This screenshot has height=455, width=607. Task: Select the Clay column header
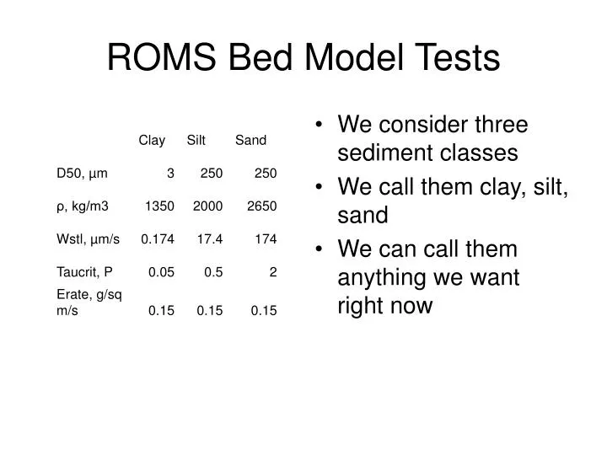click(x=152, y=140)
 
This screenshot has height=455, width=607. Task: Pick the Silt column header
click(x=196, y=140)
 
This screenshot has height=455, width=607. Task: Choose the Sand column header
click(x=250, y=140)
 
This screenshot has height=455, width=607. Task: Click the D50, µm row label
click(x=82, y=173)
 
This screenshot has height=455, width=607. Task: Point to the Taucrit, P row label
click(x=84, y=272)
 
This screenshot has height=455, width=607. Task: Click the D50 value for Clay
click(x=170, y=173)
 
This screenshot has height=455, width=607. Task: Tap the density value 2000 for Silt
click(x=207, y=206)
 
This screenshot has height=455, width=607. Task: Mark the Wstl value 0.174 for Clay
click(x=158, y=238)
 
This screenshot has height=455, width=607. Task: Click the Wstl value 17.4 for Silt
click(x=209, y=238)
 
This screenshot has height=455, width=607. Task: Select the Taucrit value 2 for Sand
click(x=272, y=272)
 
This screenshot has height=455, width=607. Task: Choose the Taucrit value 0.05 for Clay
click(x=161, y=272)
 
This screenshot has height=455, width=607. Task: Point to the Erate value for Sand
click(x=263, y=311)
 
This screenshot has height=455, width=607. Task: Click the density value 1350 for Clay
click(x=159, y=206)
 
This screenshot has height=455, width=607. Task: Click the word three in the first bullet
click(x=497, y=126)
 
